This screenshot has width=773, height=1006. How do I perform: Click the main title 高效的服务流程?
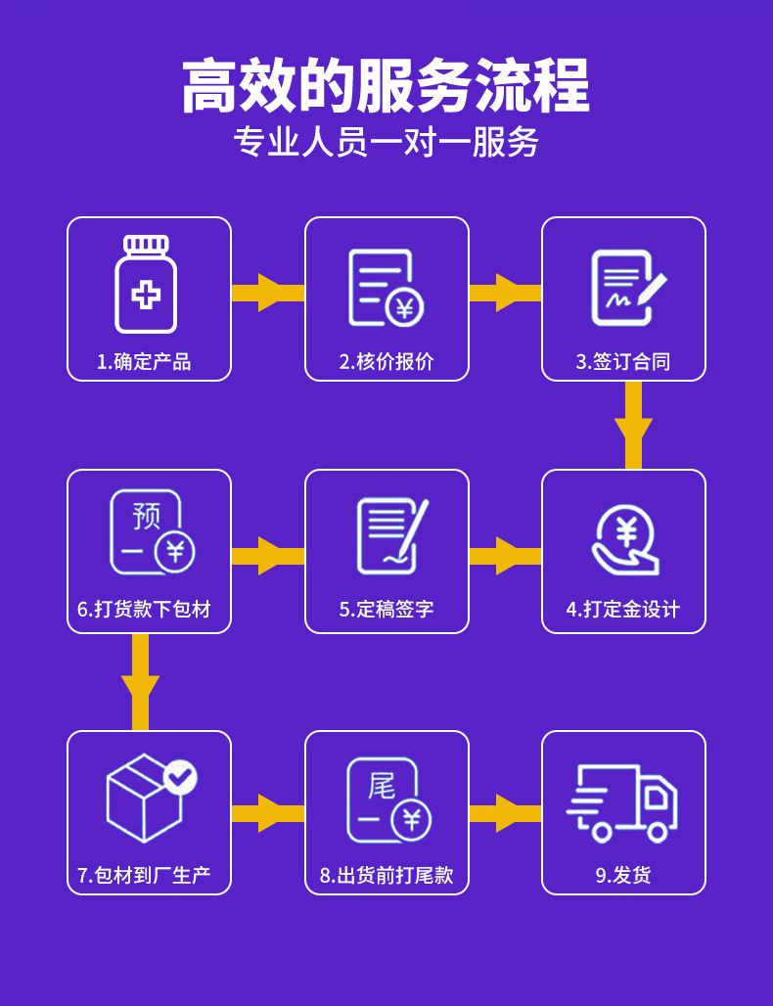386,86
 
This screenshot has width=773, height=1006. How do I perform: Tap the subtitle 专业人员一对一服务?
386,143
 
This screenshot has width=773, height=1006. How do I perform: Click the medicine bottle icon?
146,285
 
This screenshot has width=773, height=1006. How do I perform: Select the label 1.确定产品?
144,362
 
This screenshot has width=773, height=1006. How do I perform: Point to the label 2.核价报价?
386,362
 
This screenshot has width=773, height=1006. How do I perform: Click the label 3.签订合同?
623,362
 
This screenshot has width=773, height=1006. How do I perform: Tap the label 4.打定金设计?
623,610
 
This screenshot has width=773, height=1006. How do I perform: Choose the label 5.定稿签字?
386,610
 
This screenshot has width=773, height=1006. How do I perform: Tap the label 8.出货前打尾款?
386,875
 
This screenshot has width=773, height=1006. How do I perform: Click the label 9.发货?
623,875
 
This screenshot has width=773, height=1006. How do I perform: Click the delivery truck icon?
623,801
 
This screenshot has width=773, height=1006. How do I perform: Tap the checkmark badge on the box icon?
180,777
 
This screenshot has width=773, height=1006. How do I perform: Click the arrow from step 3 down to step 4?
633,425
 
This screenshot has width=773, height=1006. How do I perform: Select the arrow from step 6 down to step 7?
140,682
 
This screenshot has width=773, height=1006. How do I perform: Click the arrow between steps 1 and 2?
268,293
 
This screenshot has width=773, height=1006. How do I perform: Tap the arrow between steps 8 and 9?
505,813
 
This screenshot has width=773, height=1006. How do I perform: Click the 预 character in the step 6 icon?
146,516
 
